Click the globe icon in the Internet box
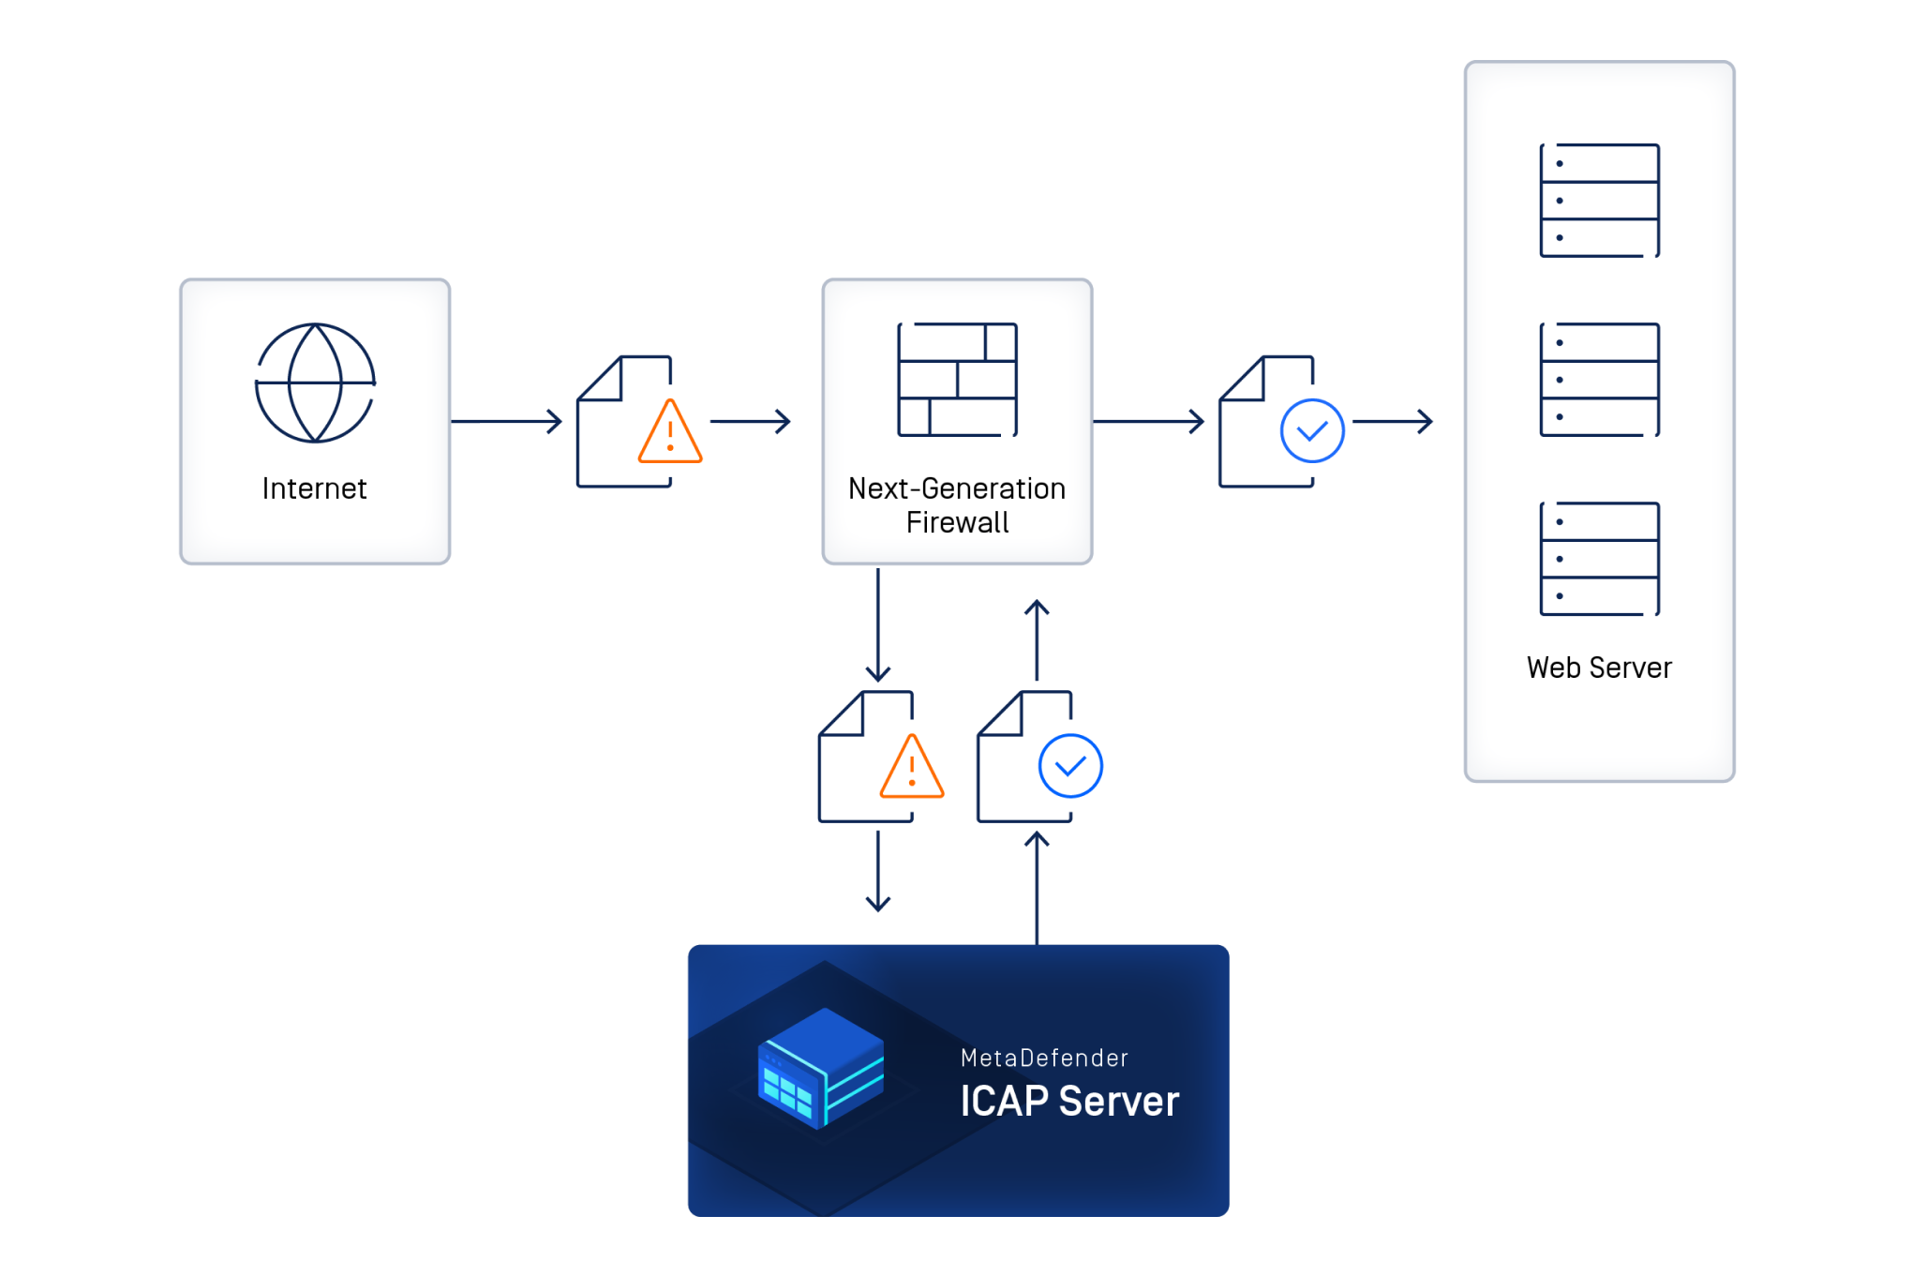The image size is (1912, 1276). (315, 383)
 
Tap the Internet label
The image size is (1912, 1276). (314, 488)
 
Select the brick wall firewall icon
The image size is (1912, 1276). (957, 380)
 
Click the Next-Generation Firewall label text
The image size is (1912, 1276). (957, 505)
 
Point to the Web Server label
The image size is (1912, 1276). (1599, 668)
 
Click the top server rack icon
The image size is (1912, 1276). (1599, 201)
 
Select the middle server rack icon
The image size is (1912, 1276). (1599, 380)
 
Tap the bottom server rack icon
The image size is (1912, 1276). (1599, 559)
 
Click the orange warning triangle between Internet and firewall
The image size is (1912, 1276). (670, 433)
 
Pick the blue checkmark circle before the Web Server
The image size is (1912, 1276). (1312, 431)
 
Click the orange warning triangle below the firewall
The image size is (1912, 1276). (912, 768)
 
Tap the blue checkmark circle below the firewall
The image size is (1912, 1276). (1070, 766)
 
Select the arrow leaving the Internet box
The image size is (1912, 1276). (506, 422)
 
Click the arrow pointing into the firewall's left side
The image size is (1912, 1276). (751, 422)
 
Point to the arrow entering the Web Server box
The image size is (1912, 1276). (1393, 422)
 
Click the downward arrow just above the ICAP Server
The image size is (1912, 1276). (878, 871)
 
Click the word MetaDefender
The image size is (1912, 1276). (1044, 1058)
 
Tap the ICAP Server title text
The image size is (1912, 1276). (1069, 1102)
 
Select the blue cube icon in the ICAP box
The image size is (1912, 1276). (821, 1069)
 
